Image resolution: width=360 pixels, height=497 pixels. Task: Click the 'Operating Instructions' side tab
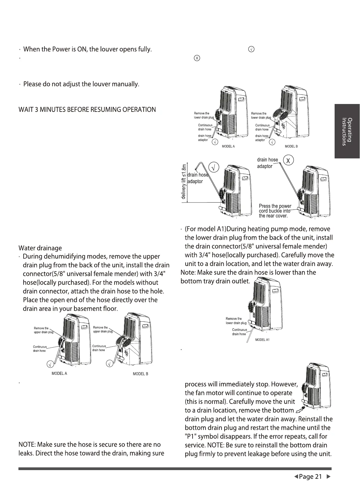[347, 131]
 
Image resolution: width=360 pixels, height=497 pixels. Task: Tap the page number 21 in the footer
[318, 477]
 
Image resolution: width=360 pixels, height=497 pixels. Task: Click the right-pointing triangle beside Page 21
[329, 477]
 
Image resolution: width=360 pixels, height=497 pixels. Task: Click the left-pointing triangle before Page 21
[296, 477]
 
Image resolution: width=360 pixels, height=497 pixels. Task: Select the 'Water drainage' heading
[40, 248]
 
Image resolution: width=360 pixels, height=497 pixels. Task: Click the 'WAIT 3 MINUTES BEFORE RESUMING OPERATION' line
[87, 109]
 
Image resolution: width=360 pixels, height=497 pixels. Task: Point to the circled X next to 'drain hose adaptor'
[288, 161]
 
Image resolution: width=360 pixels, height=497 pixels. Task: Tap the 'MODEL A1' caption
[262, 340]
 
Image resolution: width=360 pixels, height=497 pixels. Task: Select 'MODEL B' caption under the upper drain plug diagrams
[140, 374]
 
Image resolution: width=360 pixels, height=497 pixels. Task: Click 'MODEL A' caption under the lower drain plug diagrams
[228, 146]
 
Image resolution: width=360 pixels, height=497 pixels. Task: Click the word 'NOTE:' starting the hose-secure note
[27, 444]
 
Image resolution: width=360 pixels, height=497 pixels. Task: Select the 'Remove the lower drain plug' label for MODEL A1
[236, 321]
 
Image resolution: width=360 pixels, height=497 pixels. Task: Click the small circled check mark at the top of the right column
[251, 49]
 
